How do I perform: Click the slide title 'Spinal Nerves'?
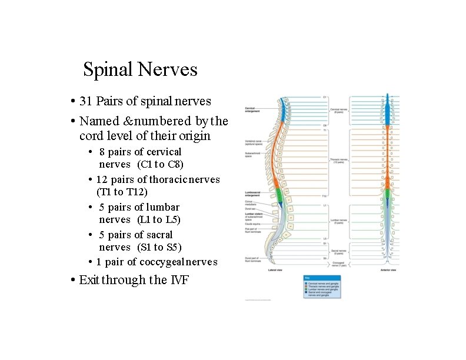[x=140, y=69]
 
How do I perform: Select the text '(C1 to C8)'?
[x=160, y=164]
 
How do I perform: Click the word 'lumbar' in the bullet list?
[x=163, y=207]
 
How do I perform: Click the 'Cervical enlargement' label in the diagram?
[x=254, y=109]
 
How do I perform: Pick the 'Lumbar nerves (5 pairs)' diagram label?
[x=339, y=222]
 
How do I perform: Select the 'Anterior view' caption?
[x=387, y=271]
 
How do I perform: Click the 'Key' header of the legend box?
[x=307, y=278]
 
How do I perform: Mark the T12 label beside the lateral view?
[x=324, y=196]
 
